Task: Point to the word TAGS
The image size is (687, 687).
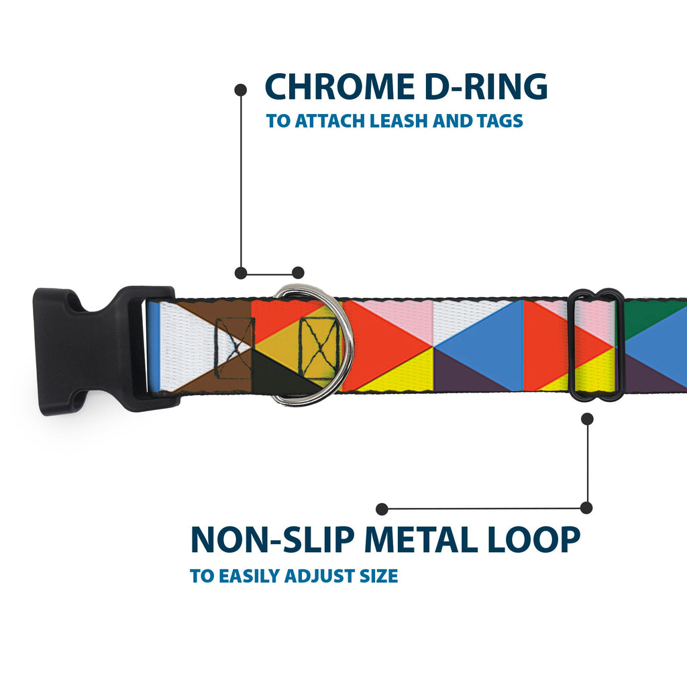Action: [x=496, y=121]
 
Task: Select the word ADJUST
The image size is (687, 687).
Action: [x=321, y=576]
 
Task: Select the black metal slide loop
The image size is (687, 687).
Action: [x=596, y=346]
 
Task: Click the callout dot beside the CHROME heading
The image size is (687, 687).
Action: [x=240, y=89]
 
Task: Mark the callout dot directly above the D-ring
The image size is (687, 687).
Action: [x=299, y=272]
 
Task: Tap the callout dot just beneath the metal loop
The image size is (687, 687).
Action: [x=588, y=419]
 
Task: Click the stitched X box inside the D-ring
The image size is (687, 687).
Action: [x=319, y=349]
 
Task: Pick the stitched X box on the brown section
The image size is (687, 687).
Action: [x=235, y=348]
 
